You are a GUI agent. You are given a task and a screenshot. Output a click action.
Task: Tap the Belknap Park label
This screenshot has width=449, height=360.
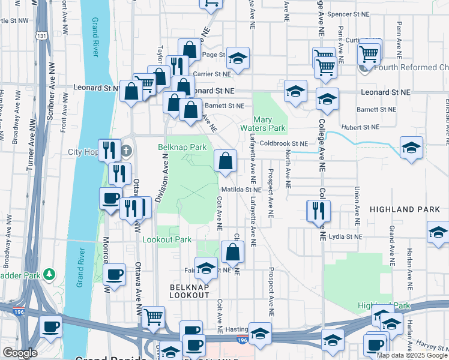click(182, 147)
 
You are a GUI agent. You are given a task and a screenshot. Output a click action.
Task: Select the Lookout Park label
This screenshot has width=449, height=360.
click(167, 239)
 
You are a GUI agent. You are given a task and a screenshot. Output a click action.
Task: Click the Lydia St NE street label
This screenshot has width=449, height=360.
click(345, 236)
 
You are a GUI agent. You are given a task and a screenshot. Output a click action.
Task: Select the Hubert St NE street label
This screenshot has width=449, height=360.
click(360, 127)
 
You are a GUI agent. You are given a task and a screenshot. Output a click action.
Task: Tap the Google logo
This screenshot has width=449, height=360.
click(20, 353)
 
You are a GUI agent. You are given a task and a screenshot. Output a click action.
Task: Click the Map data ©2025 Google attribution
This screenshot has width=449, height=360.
click(412, 355)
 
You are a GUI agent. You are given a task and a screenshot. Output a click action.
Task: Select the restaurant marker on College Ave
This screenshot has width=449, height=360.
click(318, 210)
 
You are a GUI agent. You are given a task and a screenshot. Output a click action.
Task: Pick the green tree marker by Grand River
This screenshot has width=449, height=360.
click(49, 275)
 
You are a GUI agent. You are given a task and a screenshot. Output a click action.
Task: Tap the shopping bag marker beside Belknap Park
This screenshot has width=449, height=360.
click(225, 161)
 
